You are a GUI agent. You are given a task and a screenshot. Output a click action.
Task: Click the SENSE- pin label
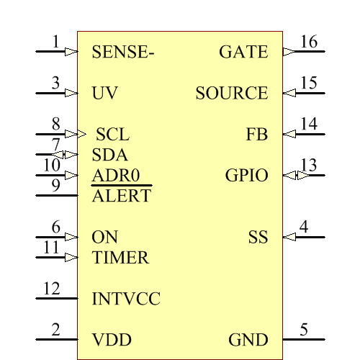(124, 52)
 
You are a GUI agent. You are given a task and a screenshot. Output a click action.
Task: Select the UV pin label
(105, 93)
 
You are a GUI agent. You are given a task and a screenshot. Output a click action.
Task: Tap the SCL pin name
(113, 135)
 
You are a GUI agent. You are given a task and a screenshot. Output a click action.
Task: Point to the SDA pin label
(110, 155)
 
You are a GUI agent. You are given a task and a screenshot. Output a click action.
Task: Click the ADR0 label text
(116, 175)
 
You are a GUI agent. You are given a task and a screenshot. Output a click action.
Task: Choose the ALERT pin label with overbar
(122, 195)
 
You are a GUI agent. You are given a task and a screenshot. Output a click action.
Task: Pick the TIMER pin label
(120, 257)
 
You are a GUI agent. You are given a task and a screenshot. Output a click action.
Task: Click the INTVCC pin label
(126, 299)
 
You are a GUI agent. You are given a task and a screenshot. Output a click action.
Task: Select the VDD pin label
(112, 340)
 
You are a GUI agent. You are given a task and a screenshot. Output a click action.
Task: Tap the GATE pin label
(243, 52)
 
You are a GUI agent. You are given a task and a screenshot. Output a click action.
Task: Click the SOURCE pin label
(232, 93)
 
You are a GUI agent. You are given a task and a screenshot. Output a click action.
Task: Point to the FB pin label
(257, 135)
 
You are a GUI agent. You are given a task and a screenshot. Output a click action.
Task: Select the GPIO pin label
(246, 175)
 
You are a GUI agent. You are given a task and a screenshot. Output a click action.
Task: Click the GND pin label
(248, 340)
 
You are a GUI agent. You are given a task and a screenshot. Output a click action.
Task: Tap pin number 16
(308, 42)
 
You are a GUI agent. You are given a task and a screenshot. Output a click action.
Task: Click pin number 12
(51, 289)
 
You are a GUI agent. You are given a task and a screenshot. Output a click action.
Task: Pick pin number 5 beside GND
(304, 330)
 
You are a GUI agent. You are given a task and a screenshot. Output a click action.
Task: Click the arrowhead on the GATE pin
(289, 52)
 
